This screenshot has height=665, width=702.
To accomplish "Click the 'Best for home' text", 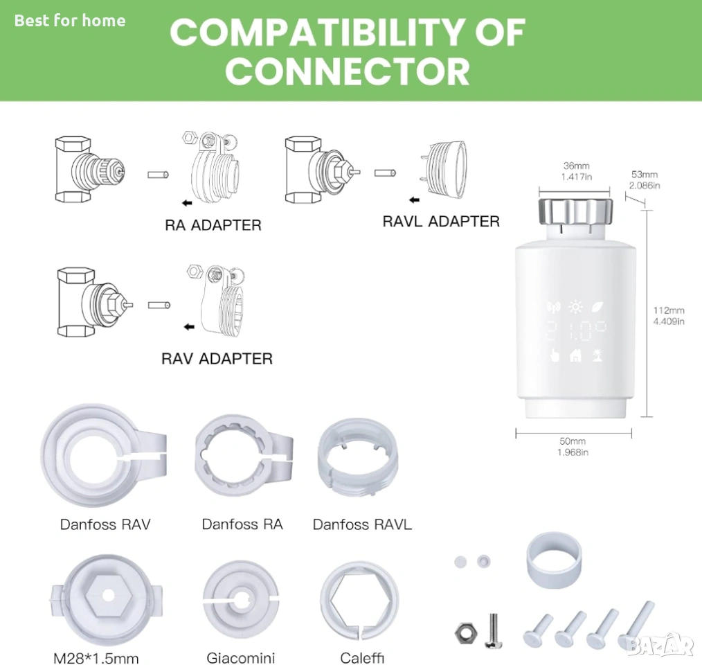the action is pyautogui.click(x=70, y=21).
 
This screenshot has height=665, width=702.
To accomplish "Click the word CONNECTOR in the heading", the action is pyautogui.click(x=348, y=72).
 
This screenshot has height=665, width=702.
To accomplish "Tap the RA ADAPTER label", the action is pyautogui.click(x=213, y=225).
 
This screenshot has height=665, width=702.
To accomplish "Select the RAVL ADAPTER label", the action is pyautogui.click(x=441, y=222).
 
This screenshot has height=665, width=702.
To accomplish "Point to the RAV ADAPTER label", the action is pyautogui.click(x=217, y=359).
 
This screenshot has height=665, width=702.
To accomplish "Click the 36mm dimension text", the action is pyautogui.click(x=576, y=166).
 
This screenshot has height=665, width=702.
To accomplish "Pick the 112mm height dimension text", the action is pyautogui.click(x=669, y=310).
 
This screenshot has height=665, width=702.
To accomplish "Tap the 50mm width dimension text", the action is pyautogui.click(x=573, y=441).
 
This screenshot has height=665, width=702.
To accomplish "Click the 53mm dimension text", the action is pyautogui.click(x=645, y=175).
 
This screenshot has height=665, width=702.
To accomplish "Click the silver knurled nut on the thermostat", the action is pyautogui.click(x=575, y=213).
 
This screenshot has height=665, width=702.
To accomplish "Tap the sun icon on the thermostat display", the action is pyautogui.click(x=576, y=307).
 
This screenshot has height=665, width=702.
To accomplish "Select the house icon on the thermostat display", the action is pyautogui.click(x=576, y=355).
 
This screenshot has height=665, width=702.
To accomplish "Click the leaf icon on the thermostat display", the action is pyautogui.click(x=597, y=307).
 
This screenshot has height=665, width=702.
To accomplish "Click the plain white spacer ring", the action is pyautogui.click(x=554, y=560).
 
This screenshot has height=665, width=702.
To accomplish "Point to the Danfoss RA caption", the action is pyautogui.click(x=242, y=524).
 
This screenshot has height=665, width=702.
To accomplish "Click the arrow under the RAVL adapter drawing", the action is pyautogui.click(x=414, y=200).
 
